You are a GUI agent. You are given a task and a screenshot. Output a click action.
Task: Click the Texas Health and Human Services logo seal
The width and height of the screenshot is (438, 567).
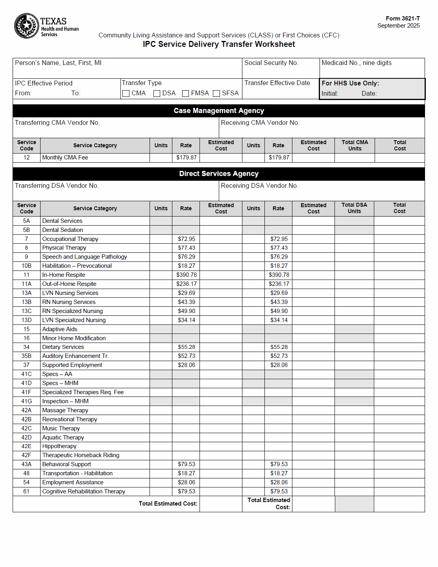click(26, 26)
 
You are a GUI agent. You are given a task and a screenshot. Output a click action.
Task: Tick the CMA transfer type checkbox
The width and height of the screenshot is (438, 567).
click(126, 93)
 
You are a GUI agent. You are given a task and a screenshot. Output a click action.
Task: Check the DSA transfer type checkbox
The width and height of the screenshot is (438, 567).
click(157, 93)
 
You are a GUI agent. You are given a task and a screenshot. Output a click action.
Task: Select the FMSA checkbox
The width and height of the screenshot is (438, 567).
click(185, 93)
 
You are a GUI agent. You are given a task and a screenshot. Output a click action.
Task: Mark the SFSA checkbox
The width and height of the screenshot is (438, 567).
click(216, 93)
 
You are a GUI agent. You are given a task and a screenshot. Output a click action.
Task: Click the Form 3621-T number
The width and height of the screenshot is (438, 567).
click(403, 19)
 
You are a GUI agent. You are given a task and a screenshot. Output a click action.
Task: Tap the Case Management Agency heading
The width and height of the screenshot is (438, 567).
click(219, 111)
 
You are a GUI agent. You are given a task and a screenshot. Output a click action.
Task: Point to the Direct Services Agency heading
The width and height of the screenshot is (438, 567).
click(219, 174)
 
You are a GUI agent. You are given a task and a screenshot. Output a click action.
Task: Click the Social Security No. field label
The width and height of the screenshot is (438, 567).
click(271, 63)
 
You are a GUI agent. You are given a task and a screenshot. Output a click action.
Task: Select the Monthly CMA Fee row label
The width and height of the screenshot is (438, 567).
click(65, 157)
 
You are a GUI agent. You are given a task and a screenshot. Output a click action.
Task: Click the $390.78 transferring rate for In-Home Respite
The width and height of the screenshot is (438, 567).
click(187, 275)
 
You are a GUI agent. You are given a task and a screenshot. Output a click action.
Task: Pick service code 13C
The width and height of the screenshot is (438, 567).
click(26, 311)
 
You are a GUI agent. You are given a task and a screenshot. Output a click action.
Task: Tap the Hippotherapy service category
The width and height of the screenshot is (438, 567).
click(59, 446)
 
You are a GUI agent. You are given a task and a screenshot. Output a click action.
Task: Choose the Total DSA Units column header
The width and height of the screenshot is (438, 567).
click(354, 208)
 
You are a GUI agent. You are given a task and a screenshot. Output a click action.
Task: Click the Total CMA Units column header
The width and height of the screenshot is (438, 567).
click(355, 145)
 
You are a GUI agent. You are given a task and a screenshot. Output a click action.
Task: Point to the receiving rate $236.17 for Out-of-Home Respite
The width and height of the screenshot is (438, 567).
click(279, 284)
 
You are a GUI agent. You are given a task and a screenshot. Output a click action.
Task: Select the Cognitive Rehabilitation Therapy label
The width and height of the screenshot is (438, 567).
click(84, 491)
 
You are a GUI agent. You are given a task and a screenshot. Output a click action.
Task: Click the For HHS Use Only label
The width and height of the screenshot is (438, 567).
click(350, 83)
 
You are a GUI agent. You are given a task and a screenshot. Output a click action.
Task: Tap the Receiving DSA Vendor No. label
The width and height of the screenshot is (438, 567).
click(259, 186)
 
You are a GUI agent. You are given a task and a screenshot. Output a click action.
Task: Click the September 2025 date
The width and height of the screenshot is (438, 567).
click(398, 26)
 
